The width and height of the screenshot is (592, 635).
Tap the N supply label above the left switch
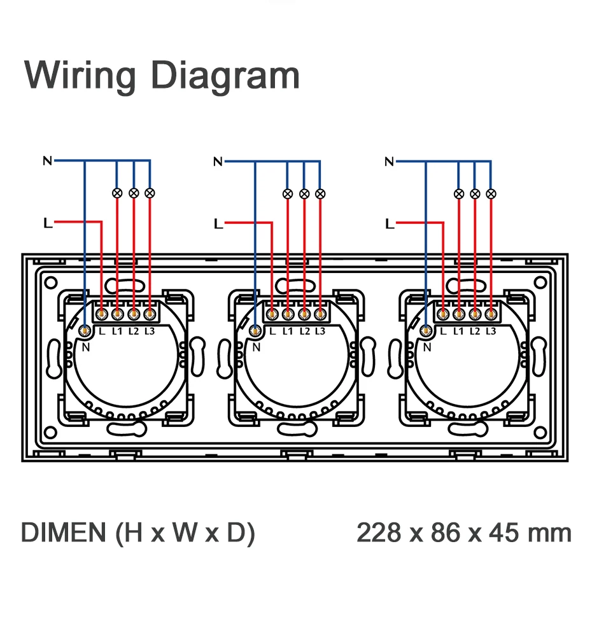click(x=47, y=160)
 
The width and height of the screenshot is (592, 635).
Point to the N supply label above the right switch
click(x=390, y=162)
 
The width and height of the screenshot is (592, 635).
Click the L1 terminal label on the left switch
click(x=117, y=331)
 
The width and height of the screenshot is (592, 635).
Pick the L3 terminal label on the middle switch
click(x=320, y=331)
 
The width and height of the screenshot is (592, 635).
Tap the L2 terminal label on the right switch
click(x=474, y=331)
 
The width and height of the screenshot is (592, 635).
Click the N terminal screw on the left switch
click(x=85, y=330)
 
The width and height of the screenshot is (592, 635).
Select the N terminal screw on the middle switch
click(x=256, y=330)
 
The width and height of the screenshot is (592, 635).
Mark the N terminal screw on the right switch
click(x=426, y=330)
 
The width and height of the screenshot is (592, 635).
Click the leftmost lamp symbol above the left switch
click(x=117, y=192)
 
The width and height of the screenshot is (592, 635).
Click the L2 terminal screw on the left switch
click(x=134, y=313)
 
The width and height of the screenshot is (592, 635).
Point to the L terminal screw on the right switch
click(x=442, y=313)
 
